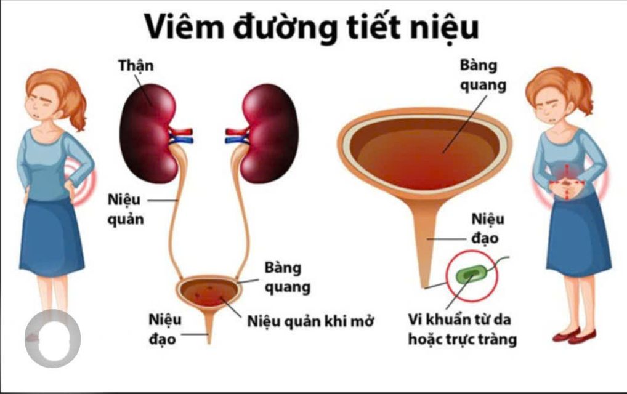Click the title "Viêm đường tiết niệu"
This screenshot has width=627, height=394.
tap(312, 28)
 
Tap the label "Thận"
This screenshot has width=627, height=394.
tap(136, 65)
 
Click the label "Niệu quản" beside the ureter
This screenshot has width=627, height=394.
tap(126, 209)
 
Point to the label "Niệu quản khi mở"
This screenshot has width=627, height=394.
tap(310, 321)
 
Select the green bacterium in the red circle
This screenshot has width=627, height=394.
tap(472, 275)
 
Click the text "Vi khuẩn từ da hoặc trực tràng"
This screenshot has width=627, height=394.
tap(463, 329)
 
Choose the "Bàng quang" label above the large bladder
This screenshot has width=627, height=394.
tap(483, 76)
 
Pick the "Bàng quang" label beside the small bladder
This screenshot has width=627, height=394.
tap(287, 277)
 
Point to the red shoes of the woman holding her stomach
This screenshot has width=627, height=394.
tap(574, 336)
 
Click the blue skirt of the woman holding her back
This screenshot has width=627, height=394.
tap(52, 238)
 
